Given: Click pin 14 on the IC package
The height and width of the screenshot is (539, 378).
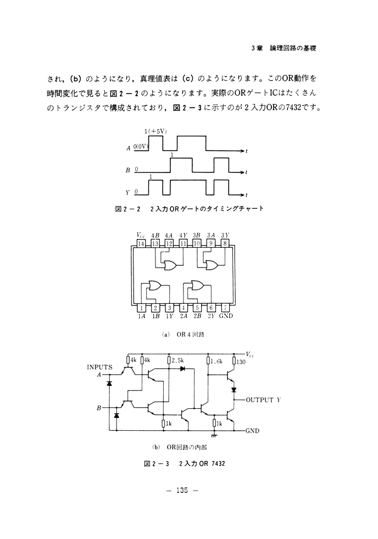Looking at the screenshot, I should point(142,243).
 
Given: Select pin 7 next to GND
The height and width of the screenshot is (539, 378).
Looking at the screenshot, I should point(226,308).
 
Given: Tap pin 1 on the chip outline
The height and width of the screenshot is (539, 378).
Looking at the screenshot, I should point(142,308).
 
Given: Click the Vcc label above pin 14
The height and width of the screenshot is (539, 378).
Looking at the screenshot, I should point(141,235).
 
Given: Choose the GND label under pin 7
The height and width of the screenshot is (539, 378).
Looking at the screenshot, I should point(226,317).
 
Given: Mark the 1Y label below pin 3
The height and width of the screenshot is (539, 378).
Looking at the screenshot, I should point(170,317).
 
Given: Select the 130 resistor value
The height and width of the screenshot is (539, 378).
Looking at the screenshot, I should point(240,361).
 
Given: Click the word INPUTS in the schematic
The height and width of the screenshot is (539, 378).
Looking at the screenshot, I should point(99,366).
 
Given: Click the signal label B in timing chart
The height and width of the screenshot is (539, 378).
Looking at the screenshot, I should point(128,171).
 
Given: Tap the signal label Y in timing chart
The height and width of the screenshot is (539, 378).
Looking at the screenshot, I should point(128,192).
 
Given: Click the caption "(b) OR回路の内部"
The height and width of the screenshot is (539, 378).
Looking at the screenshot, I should point(184,447).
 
